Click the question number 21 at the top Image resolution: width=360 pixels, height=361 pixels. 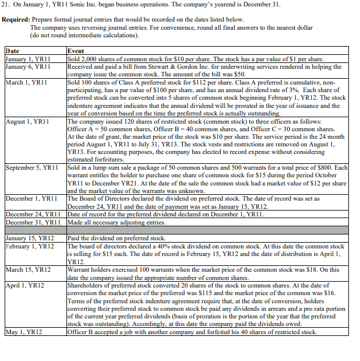coord(8,5)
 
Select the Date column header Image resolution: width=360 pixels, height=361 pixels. coord(12,51)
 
